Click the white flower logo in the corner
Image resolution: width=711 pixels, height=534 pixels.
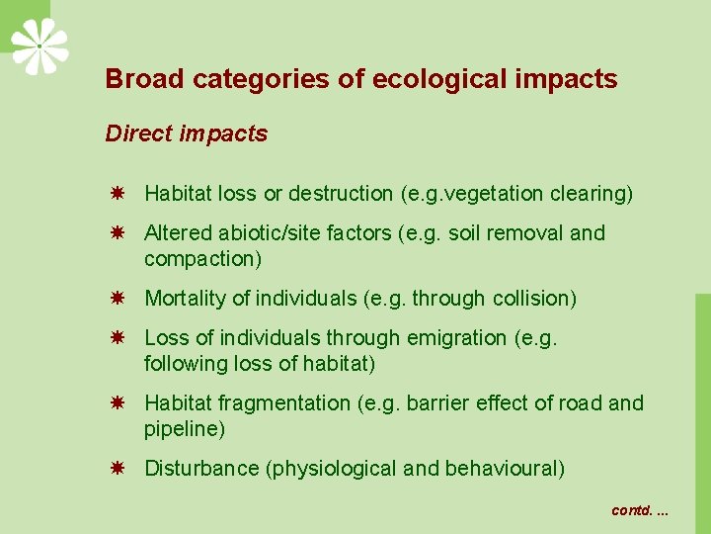coord(39,45)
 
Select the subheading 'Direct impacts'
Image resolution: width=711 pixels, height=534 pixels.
coord(187,134)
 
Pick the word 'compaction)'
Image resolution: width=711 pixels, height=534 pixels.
coord(202,259)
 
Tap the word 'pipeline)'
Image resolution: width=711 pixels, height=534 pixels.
coord(185,429)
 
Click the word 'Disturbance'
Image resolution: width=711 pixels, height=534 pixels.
coord(201,469)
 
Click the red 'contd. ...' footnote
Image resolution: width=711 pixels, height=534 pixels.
coord(640,510)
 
